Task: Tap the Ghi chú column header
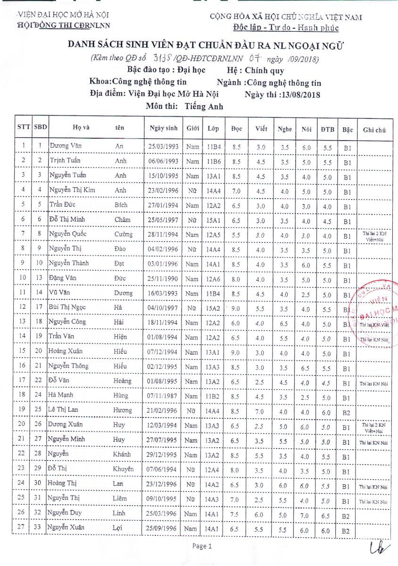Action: pyautogui.click(x=374, y=130)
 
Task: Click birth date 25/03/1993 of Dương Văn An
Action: pyautogui.click(x=163, y=147)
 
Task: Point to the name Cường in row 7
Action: pyautogui.click(x=124, y=234)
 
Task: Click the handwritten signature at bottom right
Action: pyautogui.click(x=378, y=549)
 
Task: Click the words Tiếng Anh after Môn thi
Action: pyautogui.click(x=204, y=107)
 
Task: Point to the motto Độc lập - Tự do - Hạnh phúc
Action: pyautogui.click(x=286, y=28)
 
